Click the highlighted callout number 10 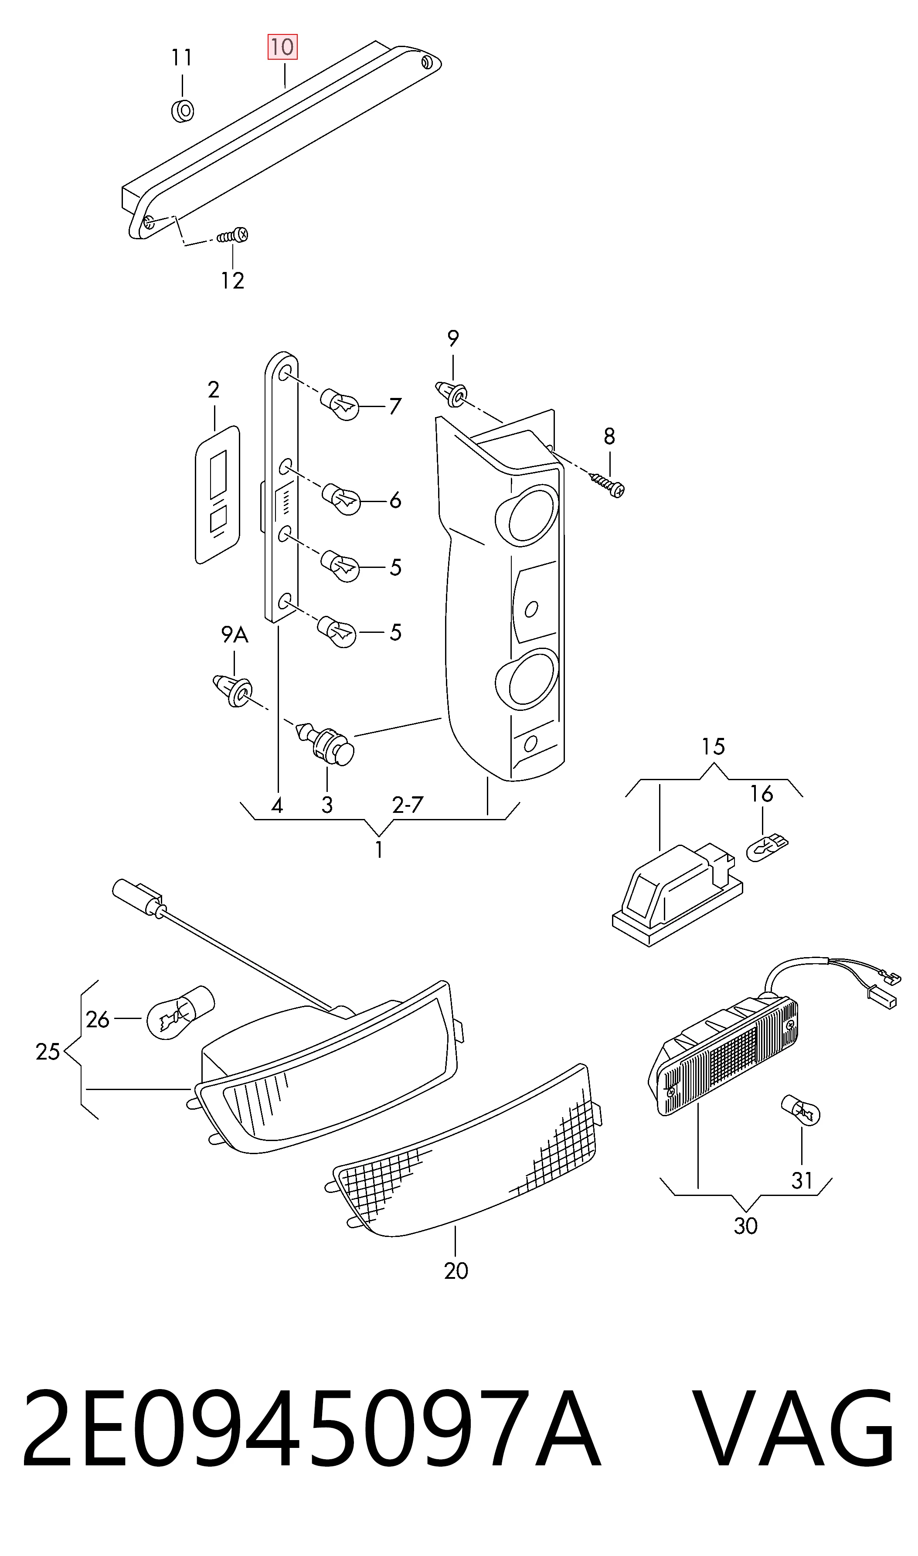coord(282,47)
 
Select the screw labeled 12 coord(233,236)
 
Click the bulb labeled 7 coord(340,404)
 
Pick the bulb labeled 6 coord(341,499)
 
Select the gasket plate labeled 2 coord(217,495)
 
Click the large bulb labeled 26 coord(180,1012)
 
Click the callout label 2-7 coord(408,805)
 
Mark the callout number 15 coord(713,747)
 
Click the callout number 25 coord(48,1051)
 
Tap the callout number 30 coord(745,1226)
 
